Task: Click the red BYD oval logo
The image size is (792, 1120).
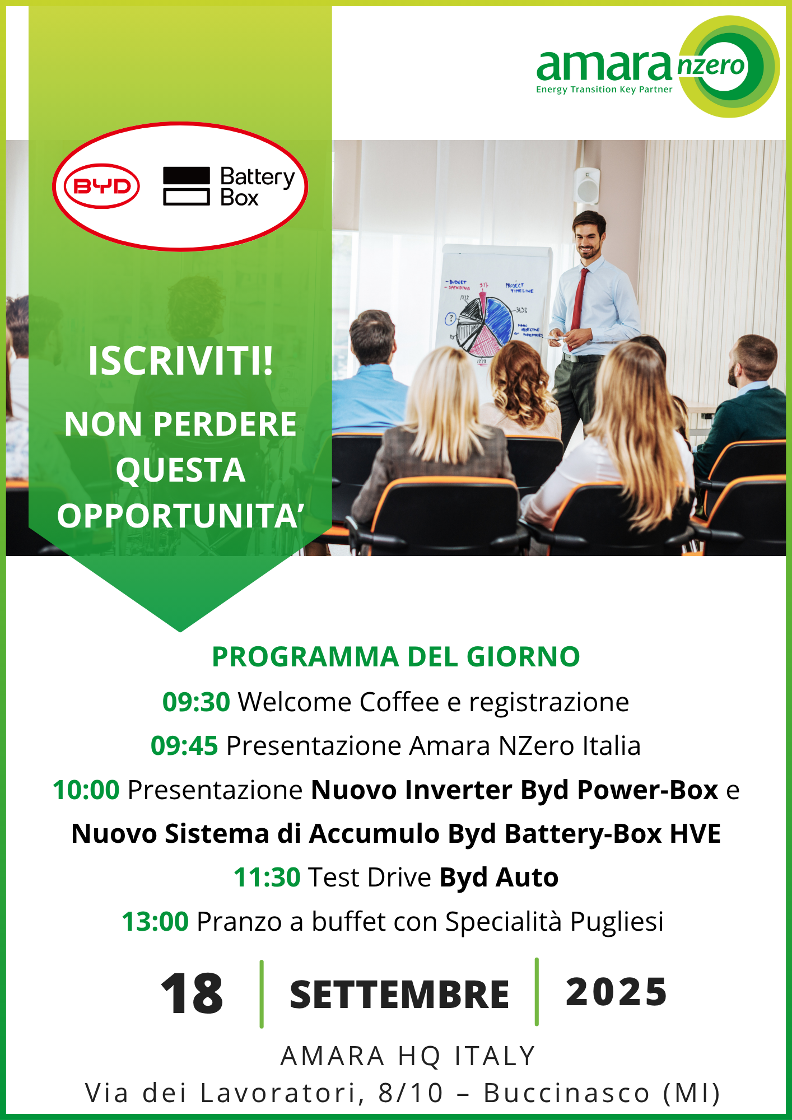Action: click(102, 186)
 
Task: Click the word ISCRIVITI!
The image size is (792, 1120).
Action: click(180, 361)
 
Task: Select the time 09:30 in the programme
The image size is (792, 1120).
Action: click(196, 702)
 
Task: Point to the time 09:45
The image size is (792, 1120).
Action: click(184, 746)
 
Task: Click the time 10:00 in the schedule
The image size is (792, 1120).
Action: click(86, 790)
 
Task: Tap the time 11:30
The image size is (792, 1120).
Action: click(267, 878)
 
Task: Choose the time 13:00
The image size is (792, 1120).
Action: click(155, 922)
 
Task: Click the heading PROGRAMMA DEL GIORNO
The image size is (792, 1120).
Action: click(396, 657)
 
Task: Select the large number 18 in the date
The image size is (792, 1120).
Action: click(192, 993)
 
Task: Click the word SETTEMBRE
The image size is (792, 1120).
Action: click(399, 995)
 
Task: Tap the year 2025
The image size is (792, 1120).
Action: click(617, 992)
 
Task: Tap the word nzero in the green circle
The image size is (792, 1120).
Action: click(711, 66)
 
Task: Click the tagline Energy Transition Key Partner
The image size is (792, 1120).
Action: click(604, 90)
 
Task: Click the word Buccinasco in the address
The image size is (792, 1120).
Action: click(567, 1094)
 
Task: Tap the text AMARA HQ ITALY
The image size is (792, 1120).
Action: click(408, 1056)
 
